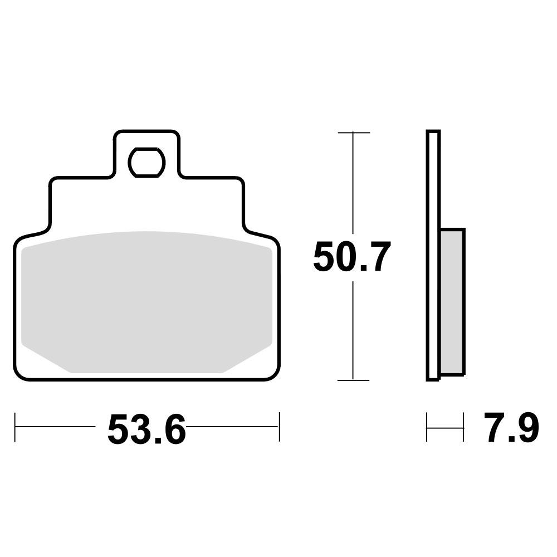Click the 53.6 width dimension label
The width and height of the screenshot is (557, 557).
[x=146, y=429]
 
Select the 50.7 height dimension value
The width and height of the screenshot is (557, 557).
[x=352, y=256]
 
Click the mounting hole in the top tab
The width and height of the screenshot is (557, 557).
[x=146, y=162]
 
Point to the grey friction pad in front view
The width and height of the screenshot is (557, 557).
[x=146, y=302]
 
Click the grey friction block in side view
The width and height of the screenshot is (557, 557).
[x=452, y=302]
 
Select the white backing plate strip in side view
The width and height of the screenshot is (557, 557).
[x=433, y=256]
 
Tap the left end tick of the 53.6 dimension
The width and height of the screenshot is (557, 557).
[x=15, y=427]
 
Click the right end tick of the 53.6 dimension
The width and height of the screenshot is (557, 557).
[x=280, y=427]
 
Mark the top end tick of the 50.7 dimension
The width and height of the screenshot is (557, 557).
[x=354, y=133]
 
